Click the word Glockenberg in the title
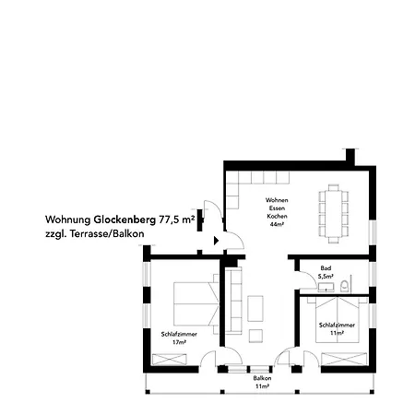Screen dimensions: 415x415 pos(125,220)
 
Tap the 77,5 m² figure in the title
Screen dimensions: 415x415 pos(177,219)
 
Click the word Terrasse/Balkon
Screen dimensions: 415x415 pos(107,233)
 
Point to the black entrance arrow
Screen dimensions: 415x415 pos(217,241)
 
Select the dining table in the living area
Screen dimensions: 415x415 pos(334,214)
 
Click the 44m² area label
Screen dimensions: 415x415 pos(277,224)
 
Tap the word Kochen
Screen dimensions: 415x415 pos(277,216)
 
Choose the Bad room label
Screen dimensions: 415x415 pos(326,268)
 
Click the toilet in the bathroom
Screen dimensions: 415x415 pos(345,286)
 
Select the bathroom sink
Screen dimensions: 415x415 pos(326,287)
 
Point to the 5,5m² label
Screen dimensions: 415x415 pos(326,276)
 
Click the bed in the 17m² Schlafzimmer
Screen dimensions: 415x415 pos(196,303)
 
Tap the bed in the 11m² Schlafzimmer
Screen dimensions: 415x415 pos(338,320)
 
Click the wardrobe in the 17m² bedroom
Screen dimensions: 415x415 pos(170,360)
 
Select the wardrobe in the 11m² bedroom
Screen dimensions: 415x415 pos(344,359)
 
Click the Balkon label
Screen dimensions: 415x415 pos(262,378)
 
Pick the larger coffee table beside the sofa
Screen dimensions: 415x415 pos(255,308)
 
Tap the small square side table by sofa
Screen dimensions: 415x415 pos(255,336)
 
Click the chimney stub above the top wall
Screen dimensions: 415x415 pos(350,157)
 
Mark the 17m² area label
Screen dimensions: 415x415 pos(179,342)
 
